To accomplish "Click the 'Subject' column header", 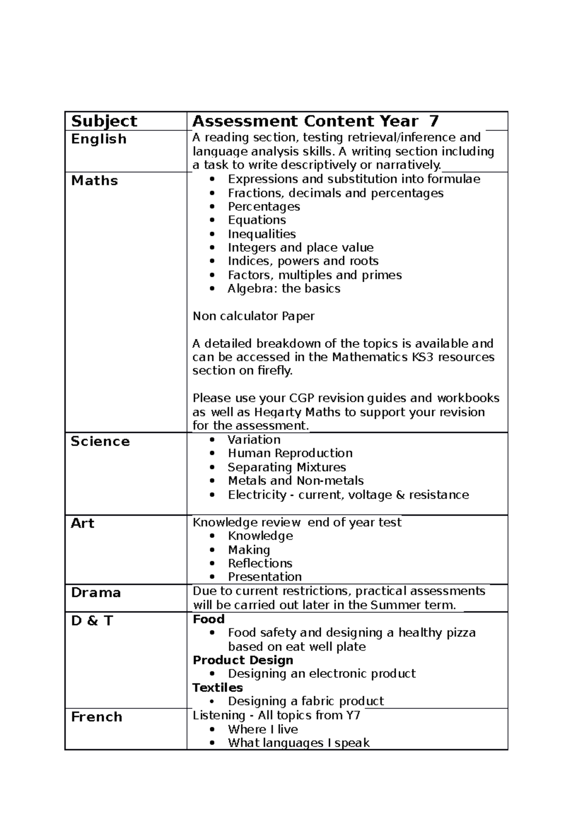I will [x=104, y=121].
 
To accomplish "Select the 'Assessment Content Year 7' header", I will [x=315, y=121].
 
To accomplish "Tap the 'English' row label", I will [x=99, y=139].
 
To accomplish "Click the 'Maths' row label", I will [x=94, y=180].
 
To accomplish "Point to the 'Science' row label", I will [x=100, y=441].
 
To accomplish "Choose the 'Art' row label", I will [x=82, y=523].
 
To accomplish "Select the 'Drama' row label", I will [x=96, y=593].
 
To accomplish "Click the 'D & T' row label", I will [x=92, y=621].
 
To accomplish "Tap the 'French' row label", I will [x=96, y=717].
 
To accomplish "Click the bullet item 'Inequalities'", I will [x=262, y=234].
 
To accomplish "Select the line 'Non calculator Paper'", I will [x=254, y=316].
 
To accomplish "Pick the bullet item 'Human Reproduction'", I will [x=290, y=453].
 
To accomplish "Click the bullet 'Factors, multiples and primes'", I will [x=315, y=275].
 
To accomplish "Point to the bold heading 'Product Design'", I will [x=243, y=660].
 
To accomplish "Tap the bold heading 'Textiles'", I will [x=218, y=687].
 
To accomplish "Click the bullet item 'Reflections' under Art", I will [x=260, y=563].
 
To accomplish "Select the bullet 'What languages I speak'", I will [x=299, y=743].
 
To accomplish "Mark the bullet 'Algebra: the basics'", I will [x=284, y=288].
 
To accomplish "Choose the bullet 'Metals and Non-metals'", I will [x=295, y=481].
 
